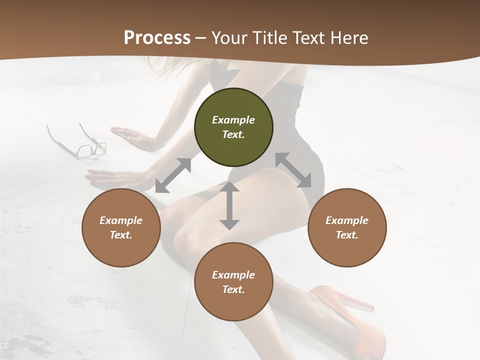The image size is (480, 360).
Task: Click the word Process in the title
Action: click(x=157, y=38)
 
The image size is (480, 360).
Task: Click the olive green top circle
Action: click(x=233, y=127)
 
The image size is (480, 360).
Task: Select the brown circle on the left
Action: click(x=121, y=227)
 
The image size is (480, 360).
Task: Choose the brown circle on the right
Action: click(x=347, y=227)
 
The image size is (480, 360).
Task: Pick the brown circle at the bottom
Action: click(x=233, y=282)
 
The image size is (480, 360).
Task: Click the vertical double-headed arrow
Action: click(x=229, y=205)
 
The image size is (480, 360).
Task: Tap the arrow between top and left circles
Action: click(x=173, y=175)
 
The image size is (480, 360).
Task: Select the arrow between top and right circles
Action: click(x=293, y=170)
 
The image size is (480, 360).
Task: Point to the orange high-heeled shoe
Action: click(x=350, y=325)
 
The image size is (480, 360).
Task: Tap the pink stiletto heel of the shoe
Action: click(x=358, y=301)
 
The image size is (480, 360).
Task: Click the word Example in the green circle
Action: click(x=233, y=120)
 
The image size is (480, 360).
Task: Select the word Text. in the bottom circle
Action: click(x=233, y=289)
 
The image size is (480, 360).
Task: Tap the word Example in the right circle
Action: click(x=347, y=220)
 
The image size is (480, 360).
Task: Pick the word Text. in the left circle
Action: click(x=121, y=235)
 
